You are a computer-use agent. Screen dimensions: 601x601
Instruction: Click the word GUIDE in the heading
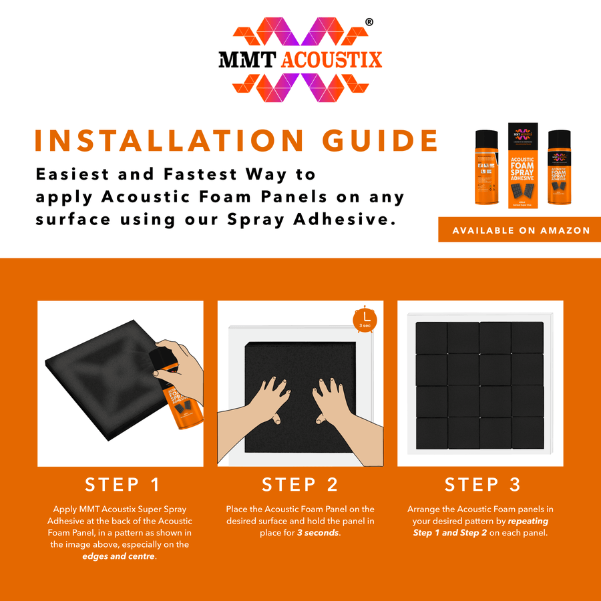pos(379,140)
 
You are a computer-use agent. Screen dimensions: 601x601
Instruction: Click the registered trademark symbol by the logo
pos(369,22)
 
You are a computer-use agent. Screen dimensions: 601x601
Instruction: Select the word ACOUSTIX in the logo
pos(332,59)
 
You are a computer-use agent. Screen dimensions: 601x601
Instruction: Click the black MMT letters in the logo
pos(247,59)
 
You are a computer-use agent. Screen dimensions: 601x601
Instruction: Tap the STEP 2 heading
pos(300,484)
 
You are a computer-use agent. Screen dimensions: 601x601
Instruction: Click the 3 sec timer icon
pos(365,319)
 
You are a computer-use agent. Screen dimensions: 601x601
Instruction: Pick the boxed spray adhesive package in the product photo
pos(523,164)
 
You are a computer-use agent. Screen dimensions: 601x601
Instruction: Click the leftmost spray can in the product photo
pos(487,167)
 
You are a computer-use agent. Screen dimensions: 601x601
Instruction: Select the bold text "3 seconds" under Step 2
pos(318,533)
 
